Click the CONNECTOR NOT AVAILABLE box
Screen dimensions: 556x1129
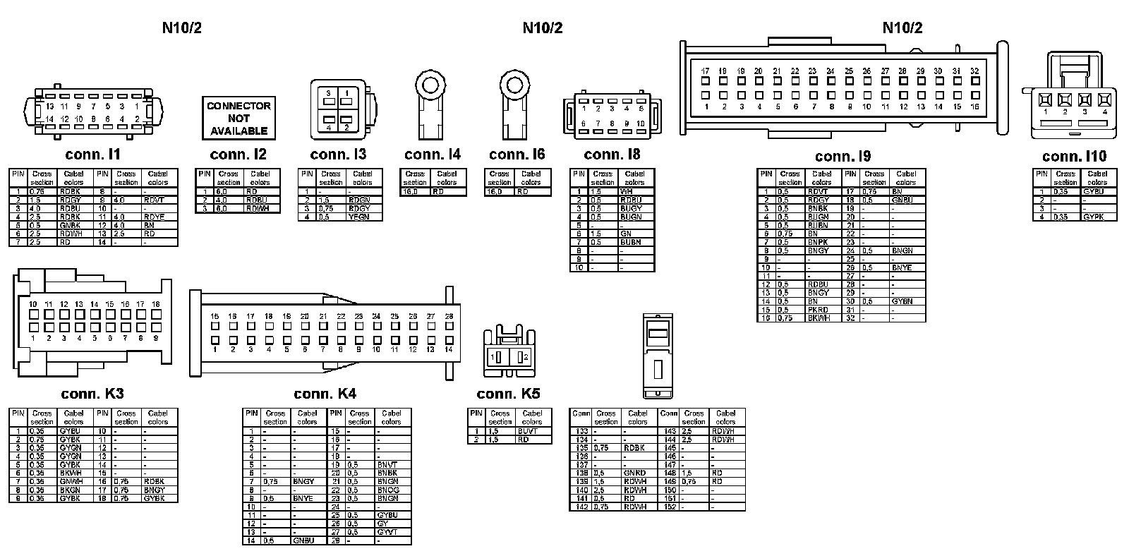pyautogui.click(x=239, y=118)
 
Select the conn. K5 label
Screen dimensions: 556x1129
pyautogui.click(x=508, y=394)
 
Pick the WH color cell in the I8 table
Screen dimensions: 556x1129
pyautogui.click(x=627, y=191)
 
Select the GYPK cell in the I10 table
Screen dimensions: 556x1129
pyautogui.click(x=1094, y=217)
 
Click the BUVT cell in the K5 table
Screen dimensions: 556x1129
pyautogui.click(x=528, y=431)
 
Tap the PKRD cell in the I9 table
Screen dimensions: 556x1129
pyautogui.click(x=819, y=310)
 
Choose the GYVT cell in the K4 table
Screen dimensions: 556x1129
pyautogui.click(x=387, y=532)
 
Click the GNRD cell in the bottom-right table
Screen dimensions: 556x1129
pyautogui.click(x=634, y=473)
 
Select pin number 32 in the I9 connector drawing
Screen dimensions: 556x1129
pyautogui.click(x=974, y=71)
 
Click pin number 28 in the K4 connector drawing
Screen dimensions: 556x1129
pyautogui.click(x=449, y=317)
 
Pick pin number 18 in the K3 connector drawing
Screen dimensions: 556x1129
pyautogui.click(x=155, y=304)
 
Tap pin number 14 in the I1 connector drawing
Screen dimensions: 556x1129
pyautogui.click(x=49, y=119)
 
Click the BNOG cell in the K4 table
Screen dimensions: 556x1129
pyautogui.click(x=387, y=490)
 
